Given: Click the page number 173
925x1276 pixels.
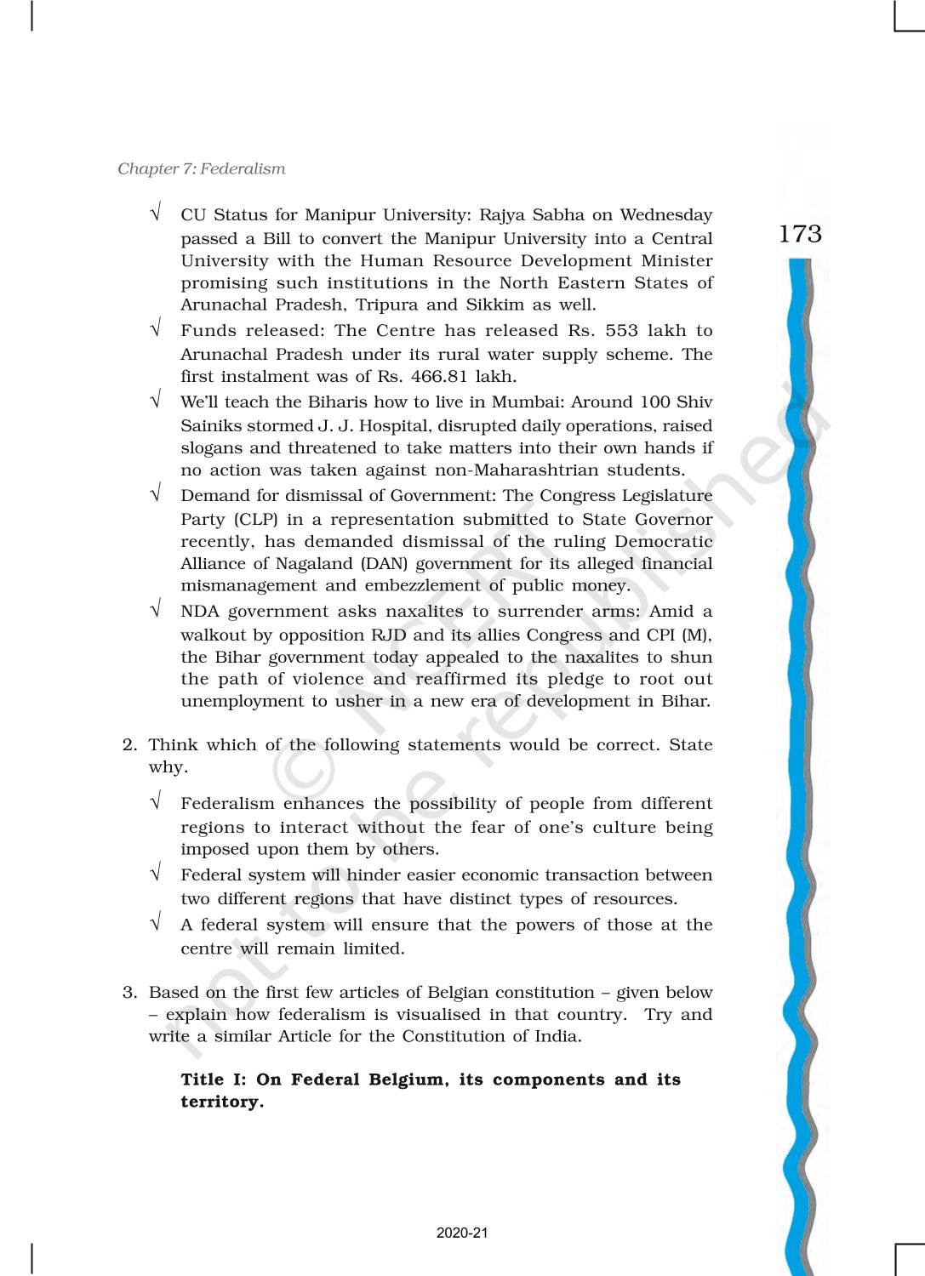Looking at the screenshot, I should (800, 234).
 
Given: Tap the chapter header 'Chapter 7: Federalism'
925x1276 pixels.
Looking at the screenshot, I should (202, 168).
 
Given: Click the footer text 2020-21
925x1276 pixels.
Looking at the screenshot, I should (462, 1233).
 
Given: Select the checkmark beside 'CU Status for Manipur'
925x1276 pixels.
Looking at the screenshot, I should (156, 214).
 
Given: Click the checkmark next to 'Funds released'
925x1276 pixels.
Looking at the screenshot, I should (156, 329).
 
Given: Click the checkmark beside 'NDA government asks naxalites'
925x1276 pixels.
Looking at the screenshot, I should (156, 610).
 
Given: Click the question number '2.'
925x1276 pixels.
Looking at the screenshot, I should (129, 745).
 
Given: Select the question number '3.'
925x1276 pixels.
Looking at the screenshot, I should (129, 993).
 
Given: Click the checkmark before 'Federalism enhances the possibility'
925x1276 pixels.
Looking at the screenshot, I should (156, 802).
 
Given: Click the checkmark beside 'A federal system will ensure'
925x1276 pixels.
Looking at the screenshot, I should (156, 924).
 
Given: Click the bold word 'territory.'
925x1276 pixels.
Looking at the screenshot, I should (222, 1102).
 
